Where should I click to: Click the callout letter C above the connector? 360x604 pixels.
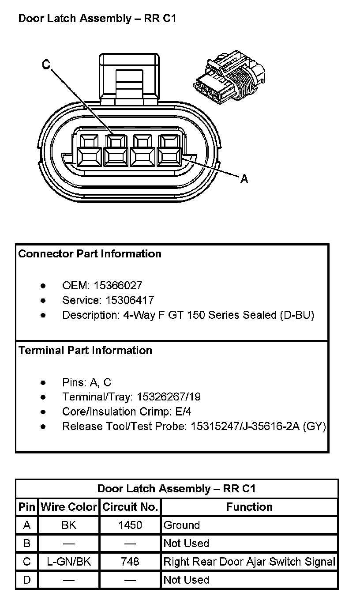pyautogui.click(x=46, y=64)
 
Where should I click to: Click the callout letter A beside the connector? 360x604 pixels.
pyautogui.click(x=244, y=179)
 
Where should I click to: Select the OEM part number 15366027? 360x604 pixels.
pyautogui.click(x=118, y=286)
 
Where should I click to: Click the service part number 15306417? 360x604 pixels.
pyautogui.click(x=130, y=301)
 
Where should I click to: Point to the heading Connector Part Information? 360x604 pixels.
pyautogui.click(x=90, y=254)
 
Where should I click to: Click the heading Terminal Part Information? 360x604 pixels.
pyautogui.click(x=85, y=351)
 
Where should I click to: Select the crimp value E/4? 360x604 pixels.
pyautogui.click(x=183, y=412)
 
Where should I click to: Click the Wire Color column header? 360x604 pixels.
pyautogui.click(x=69, y=507)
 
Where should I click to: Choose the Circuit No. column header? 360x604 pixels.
pyautogui.click(x=130, y=507)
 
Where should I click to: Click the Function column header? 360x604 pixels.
pyautogui.click(x=249, y=507)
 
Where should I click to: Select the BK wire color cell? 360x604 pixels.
pyautogui.click(x=69, y=525)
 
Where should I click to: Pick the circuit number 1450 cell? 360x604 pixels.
pyautogui.click(x=130, y=525)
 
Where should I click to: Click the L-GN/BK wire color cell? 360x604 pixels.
pyautogui.click(x=69, y=562)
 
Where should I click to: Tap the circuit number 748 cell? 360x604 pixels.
pyautogui.click(x=130, y=562)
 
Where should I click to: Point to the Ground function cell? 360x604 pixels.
pyautogui.click(x=182, y=525)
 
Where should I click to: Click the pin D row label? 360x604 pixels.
pyautogui.click(x=27, y=580)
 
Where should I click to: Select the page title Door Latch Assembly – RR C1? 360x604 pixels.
pyautogui.click(x=97, y=19)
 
